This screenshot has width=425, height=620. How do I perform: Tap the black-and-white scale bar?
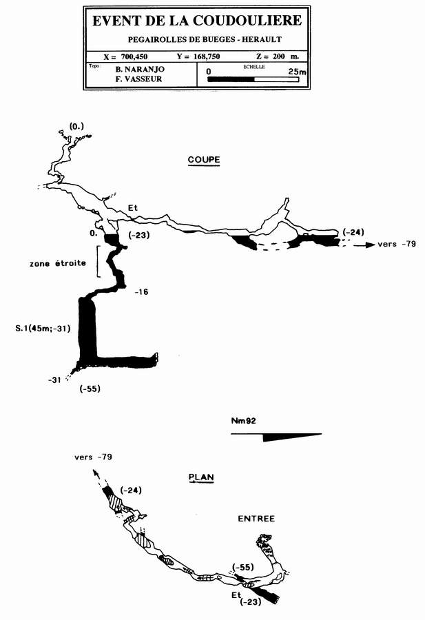click(254, 80)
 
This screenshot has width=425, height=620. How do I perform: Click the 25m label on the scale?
click(297, 71)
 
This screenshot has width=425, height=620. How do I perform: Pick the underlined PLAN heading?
click(201, 476)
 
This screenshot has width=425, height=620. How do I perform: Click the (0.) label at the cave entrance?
click(76, 127)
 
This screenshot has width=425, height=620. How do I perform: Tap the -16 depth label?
click(143, 292)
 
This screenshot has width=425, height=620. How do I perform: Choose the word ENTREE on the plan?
click(256, 518)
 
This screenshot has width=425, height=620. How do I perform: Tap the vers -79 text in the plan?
click(94, 457)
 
